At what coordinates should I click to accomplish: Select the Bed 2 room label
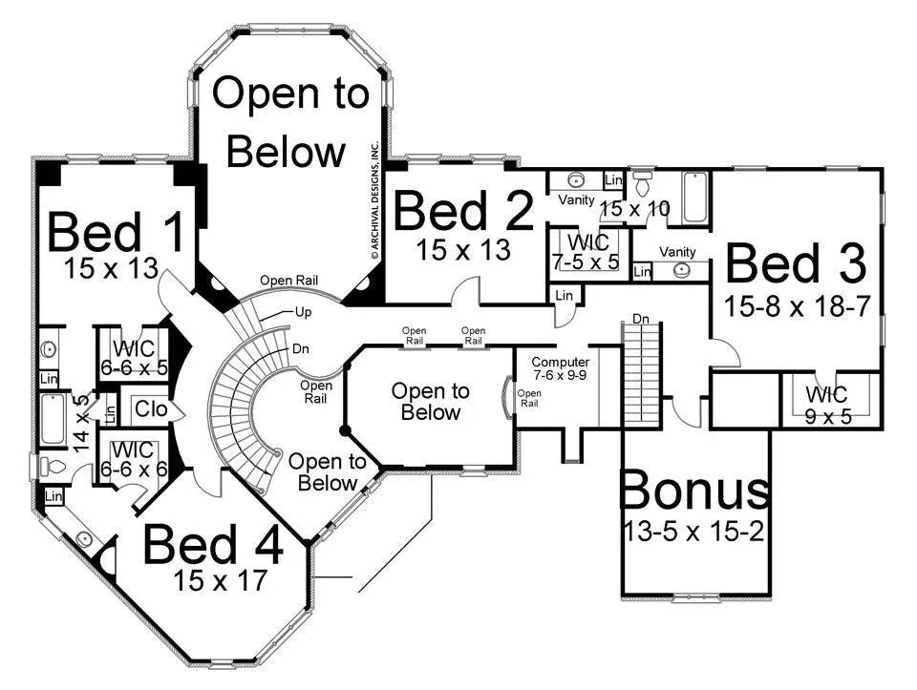[463, 212]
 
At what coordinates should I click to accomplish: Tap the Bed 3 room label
[796, 263]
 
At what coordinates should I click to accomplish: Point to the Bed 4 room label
[213, 546]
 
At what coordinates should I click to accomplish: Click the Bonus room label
[694, 491]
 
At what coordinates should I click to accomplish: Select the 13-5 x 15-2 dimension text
[694, 531]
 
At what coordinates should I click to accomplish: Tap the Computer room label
[561, 363]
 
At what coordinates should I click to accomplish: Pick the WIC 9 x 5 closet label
[825, 395]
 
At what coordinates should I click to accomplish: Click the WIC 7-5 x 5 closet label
[587, 242]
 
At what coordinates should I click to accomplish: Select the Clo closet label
[150, 409]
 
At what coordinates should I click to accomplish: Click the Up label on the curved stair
[303, 313]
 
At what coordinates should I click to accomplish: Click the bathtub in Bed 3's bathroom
[691, 199]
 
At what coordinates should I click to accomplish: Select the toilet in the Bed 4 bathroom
[53, 467]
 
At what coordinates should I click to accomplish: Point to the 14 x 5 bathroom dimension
[83, 422]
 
